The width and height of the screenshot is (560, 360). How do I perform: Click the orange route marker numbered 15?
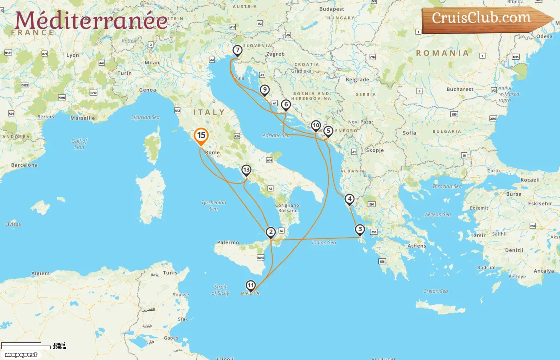[x=201, y=136]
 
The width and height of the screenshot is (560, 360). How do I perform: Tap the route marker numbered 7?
[x=238, y=50]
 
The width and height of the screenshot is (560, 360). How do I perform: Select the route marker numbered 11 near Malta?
[x=250, y=285]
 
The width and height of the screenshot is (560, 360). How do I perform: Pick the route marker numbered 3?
[x=360, y=229]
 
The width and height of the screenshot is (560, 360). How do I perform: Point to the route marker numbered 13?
[x=246, y=170]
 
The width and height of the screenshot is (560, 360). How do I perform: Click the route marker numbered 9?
[x=264, y=90]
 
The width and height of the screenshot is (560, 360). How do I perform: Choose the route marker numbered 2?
[x=271, y=232]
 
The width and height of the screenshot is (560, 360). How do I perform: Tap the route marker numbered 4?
[x=350, y=199]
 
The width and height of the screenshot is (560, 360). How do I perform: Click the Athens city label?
[x=417, y=246]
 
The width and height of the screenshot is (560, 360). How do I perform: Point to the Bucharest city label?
[x=460, y=89]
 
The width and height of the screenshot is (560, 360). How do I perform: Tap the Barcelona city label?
[x=24, y=165]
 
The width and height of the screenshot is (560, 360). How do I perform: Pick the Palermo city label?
[x=228, y=242]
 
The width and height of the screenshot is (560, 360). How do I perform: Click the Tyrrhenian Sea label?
[x=214, y=205]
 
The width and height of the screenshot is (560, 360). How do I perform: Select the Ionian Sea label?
[x=324, y=242]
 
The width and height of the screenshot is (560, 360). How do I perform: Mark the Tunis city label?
[x=170, y=273]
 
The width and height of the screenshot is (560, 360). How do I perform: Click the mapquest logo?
[x=21, y=355]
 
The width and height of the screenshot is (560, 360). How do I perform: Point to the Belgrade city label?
[x=357, y=80]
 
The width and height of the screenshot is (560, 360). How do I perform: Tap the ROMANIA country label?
[x=442, y=53]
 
